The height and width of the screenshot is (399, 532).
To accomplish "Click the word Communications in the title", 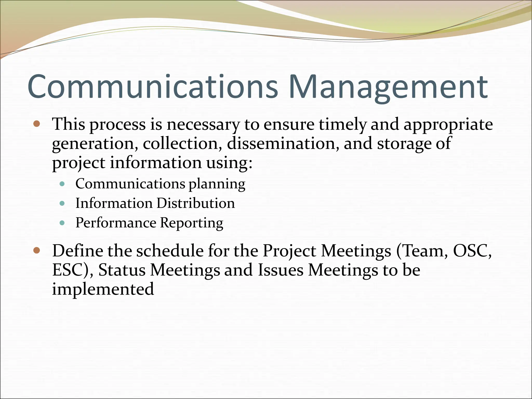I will click(153, 87).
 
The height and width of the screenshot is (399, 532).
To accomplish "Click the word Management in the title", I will click(388, 87).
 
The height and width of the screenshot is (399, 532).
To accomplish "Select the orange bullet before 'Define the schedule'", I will click(37, 250).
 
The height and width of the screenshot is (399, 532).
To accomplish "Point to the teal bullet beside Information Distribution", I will click(62, 203).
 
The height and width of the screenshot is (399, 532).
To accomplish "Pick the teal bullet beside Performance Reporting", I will click(62, 223).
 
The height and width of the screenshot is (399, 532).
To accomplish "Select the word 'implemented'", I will click(103, 289).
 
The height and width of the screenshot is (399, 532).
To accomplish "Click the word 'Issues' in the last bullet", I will click(281, 270).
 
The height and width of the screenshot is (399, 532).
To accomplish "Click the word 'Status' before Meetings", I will click(122, 270).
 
